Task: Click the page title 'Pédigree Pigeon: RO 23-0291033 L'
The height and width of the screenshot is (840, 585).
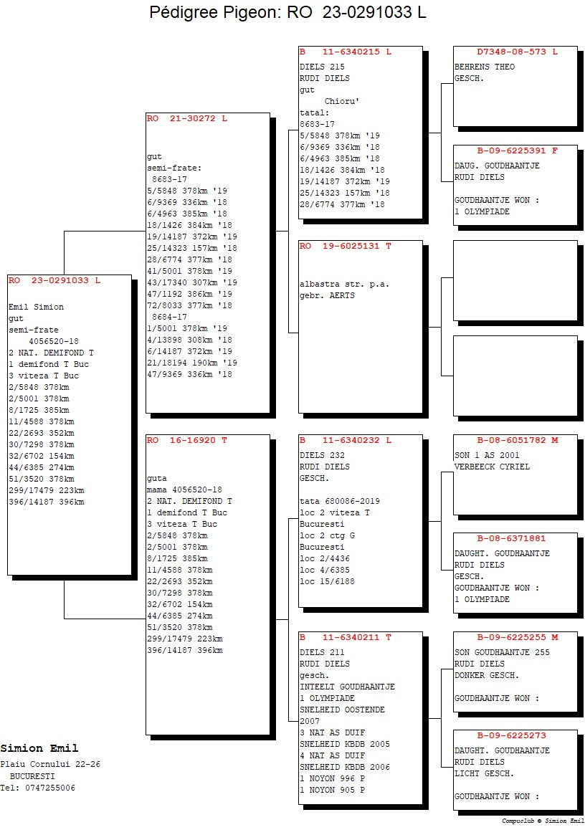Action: point(287,12)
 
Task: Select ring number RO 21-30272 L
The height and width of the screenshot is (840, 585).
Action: point(187,118)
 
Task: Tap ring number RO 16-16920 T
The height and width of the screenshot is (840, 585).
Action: point(187,440)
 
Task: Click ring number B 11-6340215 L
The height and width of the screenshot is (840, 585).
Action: point(346,52)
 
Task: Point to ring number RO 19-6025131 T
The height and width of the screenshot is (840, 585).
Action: point(346,247)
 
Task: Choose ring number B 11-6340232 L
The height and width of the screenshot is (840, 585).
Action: point(346,440)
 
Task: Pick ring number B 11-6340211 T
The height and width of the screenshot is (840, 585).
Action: point(346,637)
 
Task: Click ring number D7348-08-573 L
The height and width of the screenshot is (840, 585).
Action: point(518,52)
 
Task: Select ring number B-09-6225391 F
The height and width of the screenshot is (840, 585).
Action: point(518,151)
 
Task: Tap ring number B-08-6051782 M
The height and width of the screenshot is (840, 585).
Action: point(518,440)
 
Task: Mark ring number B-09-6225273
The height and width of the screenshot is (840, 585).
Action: point(512,735)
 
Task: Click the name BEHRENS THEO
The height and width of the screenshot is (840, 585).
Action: point(485,67)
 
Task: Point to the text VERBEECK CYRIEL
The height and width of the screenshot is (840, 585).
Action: point(493,467)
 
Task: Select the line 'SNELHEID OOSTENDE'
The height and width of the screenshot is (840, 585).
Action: point(342,710)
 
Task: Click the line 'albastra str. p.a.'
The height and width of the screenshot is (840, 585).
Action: point(344,285)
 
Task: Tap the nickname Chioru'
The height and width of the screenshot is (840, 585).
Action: point(342,101)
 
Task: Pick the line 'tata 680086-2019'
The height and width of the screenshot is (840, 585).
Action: point(340,502)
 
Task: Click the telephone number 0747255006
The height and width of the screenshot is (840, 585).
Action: point(50,788)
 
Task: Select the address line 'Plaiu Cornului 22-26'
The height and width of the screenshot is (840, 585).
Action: point(50,765)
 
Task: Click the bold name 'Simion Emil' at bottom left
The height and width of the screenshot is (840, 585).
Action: point(39,748)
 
